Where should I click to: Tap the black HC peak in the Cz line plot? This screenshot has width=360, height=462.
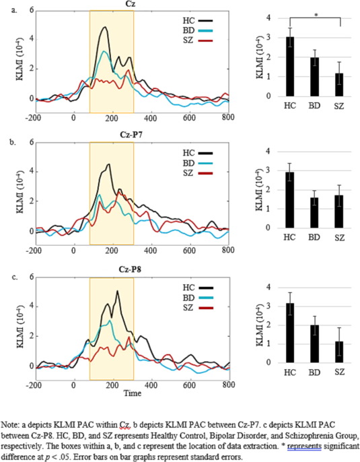coord(104,28)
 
